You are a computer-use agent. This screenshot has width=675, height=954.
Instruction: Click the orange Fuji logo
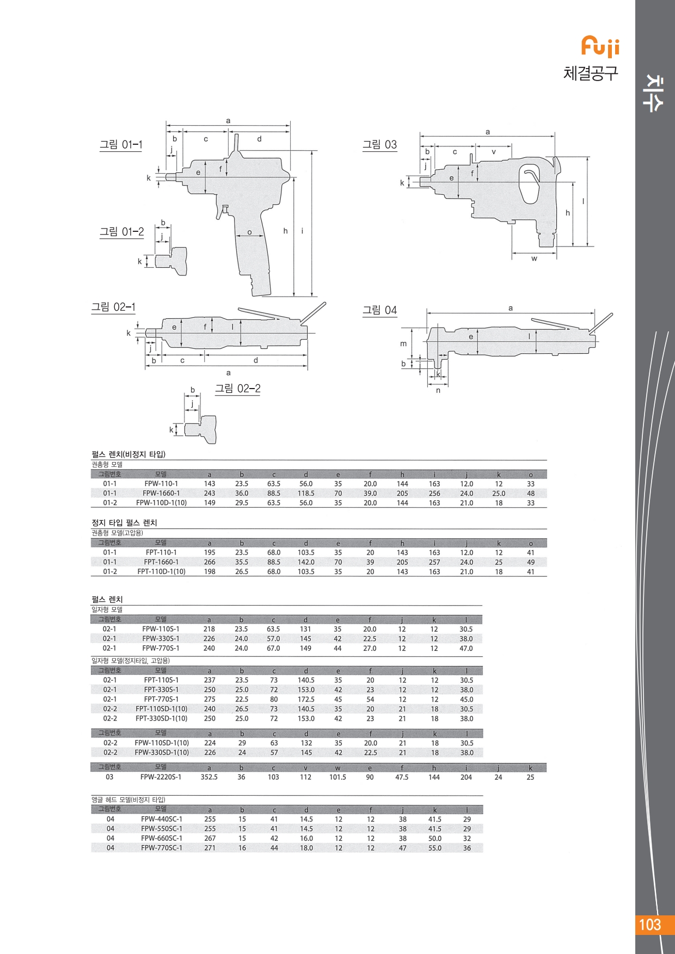[600, 46]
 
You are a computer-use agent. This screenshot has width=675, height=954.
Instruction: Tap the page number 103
[649, 925]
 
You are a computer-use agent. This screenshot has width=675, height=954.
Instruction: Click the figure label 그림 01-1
[121, 145]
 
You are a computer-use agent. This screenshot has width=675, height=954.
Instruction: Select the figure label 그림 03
[380, 145]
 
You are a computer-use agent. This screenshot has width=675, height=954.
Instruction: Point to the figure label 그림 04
[380, 310]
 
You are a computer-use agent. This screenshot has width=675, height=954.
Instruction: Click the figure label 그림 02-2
[237, 389]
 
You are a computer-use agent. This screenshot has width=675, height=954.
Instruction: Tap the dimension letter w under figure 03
[534, 258]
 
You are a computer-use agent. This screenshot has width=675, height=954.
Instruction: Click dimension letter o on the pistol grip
[250, 232]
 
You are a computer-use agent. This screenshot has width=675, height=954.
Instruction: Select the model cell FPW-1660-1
[161, 493]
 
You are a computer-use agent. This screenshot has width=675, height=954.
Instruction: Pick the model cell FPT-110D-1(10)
[161, 571]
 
